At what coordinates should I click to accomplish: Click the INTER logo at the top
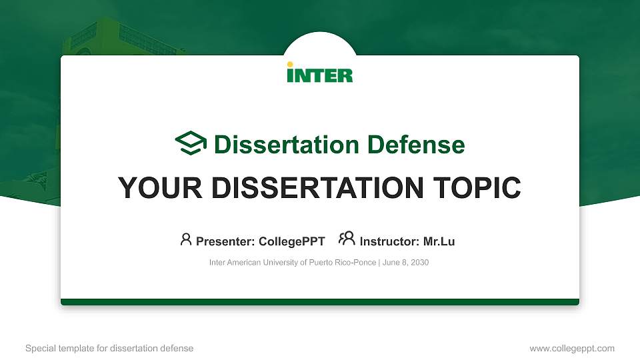click(320, 73)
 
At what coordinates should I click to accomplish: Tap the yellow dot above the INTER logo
click(289, 65)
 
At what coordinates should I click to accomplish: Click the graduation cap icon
click(191, 143)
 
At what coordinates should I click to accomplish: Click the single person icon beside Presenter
click(186, 239)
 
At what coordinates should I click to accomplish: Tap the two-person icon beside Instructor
click(347, 239)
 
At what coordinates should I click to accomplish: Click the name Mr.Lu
click(439, 241)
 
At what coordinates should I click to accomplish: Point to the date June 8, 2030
click(406, 263)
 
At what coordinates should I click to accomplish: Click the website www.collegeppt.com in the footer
click(572, 348)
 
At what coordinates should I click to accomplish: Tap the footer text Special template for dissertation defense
click(109, 348)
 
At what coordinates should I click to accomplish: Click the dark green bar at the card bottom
click(320, 302)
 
